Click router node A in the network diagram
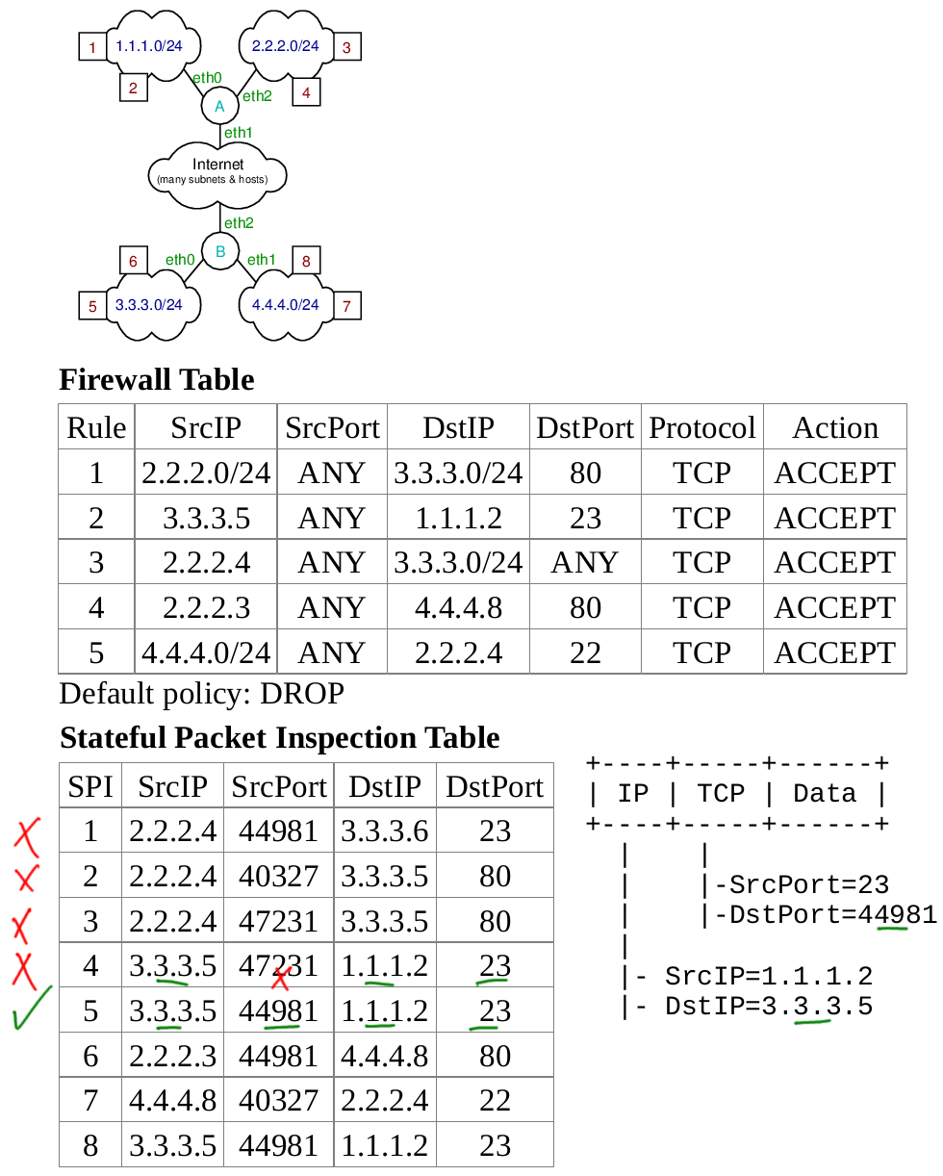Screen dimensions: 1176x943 click(x=219, y=106)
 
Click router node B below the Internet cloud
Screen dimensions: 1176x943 click(x=219, y=252)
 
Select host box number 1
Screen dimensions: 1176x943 click(x=92, y=46)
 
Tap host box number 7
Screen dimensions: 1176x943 click(x=346, y=306)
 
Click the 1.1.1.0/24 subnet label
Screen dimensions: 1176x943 click(x=149, y=45)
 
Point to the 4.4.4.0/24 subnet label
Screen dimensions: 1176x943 click(x=285, y=304)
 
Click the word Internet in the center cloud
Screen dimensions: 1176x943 click(x=218, y=165)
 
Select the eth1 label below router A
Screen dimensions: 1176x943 click(x=238, y=133)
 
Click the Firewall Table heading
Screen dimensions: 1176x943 click(x=157, y=379)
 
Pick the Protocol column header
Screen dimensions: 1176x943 click(x=702, y=427)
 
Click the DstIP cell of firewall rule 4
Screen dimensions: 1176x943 click(x=458, y=607)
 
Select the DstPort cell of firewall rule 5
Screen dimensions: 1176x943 click(x=585, y=652)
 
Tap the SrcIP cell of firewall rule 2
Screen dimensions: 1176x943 click(x=206, y=518)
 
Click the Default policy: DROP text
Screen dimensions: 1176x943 click(x=202, y=693)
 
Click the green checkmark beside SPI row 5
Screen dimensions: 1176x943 click(x=31, y=1008)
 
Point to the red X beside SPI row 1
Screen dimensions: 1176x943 click(x=28, y=835)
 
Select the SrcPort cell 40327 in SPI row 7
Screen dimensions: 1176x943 click(x=279, y=1100)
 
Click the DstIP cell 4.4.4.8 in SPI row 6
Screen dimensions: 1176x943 click(x=385, y=1055)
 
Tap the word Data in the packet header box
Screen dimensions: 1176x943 click(x=824, y=793)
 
